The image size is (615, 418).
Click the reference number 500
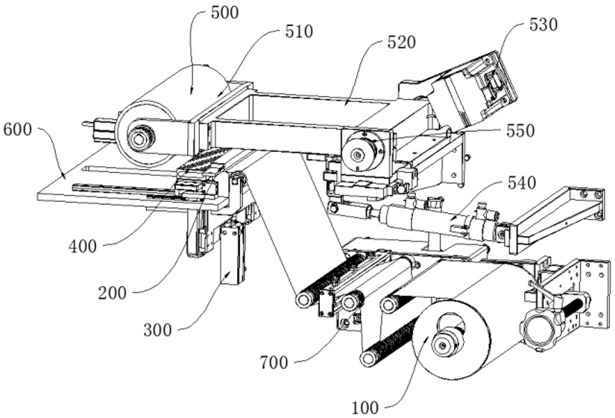pyautogui.click(x=224, y=13)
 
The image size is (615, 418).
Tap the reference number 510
pyautogui.click(x=299, y=32)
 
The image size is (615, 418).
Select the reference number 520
pyautogui.click(x=401, y=42)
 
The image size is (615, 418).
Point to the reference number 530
pyautogui.click(x=543, y=25)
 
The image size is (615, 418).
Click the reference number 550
pyautogui.click(x=520, y=131)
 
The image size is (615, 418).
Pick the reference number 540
pyautogui.click(x=522, y=183)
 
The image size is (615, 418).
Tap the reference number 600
pyautogui.click(x=18, y=129)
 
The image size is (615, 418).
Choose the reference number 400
pyautogui.click(x=82, y=247)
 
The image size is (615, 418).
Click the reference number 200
pyautogui.click(x=112, y=293)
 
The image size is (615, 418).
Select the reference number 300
pyautogui.click(x=158, y=330)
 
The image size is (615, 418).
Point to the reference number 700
pyautogui.click(x=274, y=363)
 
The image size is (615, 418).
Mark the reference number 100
pyautogui.click(x=365, y=408)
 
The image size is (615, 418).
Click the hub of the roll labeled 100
pyautogui.click(x=443, y=345)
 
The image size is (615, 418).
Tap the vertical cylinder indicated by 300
pyautogui.click(x=233, y=255)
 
